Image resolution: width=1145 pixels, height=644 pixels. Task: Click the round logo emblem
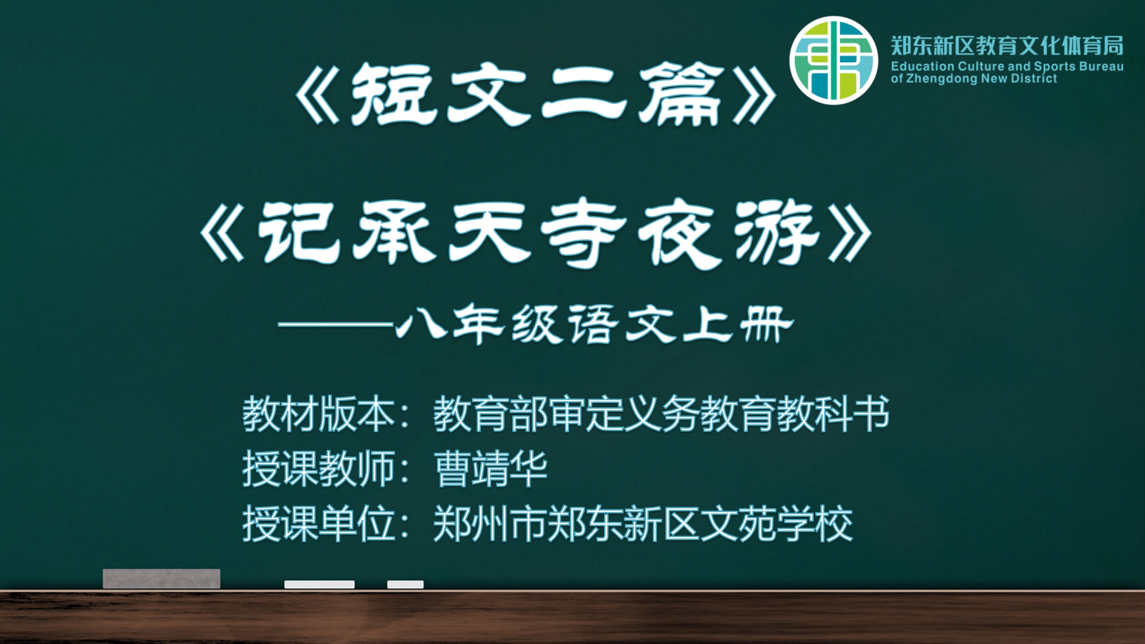[x=834, y=60]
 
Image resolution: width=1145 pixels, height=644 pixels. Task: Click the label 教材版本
[x=318, y=414]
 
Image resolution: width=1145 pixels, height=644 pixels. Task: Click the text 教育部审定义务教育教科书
[x=661, y=414]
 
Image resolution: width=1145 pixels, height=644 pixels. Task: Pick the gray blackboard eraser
[x=161, y=579]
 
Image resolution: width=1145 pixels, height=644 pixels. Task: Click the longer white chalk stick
[x=319, y=585]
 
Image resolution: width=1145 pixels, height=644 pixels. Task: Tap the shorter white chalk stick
[x=405, y=585]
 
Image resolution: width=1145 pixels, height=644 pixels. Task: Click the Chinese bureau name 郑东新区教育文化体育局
[x=1007, y=46]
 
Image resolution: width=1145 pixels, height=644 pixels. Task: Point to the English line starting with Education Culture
[x=1007, y=67]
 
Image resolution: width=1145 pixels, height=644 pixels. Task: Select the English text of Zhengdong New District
[x=974, y=79]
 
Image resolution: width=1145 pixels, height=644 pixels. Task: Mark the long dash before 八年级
[x=336, y=325]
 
